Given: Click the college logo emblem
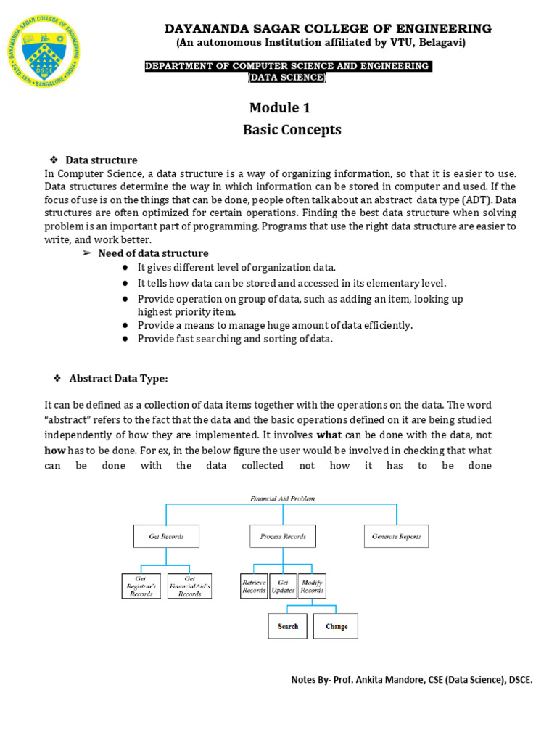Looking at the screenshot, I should click(44, 52).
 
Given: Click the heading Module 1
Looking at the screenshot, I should click(280, 108).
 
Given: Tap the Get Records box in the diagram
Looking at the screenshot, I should click(166, 536).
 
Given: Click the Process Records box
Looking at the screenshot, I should click(283, 536).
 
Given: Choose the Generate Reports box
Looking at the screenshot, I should click(397, 536).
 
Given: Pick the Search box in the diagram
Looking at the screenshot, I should click(288, 626).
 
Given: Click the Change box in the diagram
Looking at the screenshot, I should click(336, 626).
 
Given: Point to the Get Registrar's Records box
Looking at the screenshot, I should click(141, 586).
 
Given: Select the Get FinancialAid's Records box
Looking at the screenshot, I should click(189, 586).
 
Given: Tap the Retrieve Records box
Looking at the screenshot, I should click(254, 586).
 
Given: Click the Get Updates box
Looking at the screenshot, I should click(283, 586).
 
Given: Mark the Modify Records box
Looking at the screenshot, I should click(312, 586).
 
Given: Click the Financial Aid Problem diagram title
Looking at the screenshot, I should click(282, 498).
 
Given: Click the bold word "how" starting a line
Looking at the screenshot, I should click(55, 450).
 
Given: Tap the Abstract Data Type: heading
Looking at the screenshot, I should click(118, 378).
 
